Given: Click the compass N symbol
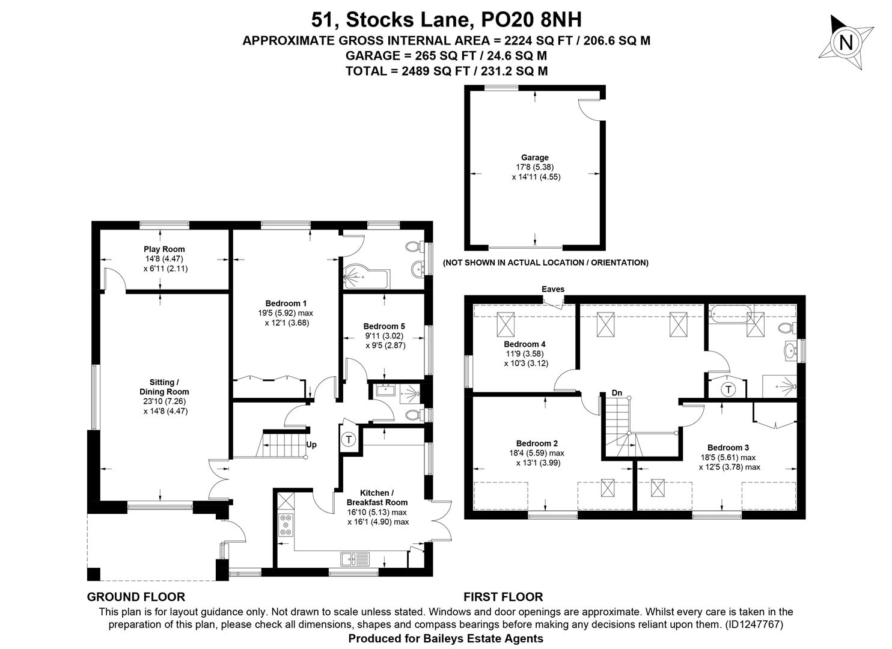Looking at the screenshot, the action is click(846, 42).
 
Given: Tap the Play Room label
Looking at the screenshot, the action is click(164, 249).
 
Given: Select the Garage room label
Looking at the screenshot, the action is click(535, 157).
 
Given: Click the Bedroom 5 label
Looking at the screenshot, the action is click(384, 326).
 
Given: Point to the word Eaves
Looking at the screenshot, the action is click(553, 289).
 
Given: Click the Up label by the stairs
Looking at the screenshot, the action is click(311, 445).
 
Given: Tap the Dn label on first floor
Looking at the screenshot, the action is click(617, 393).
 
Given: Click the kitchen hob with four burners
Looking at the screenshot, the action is click(286, 525).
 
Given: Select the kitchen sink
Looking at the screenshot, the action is click(355, 559).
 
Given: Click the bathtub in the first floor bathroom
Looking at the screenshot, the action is click(730, 314).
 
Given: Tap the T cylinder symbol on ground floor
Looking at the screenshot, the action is click(349, 439).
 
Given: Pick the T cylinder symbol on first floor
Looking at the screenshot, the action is click(729, 389).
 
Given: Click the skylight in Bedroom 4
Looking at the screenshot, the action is click(506, 324).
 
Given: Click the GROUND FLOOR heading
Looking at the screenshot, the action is click(136, 597).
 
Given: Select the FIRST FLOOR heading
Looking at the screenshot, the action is click(503, 597).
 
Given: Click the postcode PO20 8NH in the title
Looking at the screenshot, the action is click(531, 19).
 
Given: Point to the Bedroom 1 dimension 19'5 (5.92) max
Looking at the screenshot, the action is click(286, 313).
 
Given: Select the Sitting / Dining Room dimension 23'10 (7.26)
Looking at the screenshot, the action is click(165, 401).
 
